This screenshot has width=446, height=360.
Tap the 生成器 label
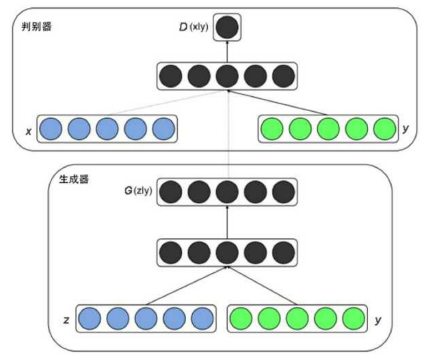pyautogui.click(x=74, y=179)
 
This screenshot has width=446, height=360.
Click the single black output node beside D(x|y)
pyautogui.click(x=227, y=28)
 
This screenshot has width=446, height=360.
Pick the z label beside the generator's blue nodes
pyautogui.click(x=66, y=319)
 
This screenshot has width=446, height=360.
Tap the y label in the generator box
pyautogui.click(x=378, y=319)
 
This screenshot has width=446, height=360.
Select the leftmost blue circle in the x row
pyautogui.click(x=50, y=129)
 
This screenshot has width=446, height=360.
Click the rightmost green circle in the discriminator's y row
pyautogui.click(x=384, y=129)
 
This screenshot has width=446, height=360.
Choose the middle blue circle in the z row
pyautogui.click(x=146, y=319)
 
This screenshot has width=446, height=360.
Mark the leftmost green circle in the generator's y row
pyautogui.click(x=241, y=319)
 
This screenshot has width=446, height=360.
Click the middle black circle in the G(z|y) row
pyautogui.click(x=227, y=192)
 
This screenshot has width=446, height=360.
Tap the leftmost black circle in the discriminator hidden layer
pyautogui.click(x=170, y=76)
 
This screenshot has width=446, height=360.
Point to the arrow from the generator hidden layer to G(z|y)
pyautogui.click(x=227, y=223)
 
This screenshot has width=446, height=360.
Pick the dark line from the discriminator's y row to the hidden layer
pyautogui.click(x=276, y=103)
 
